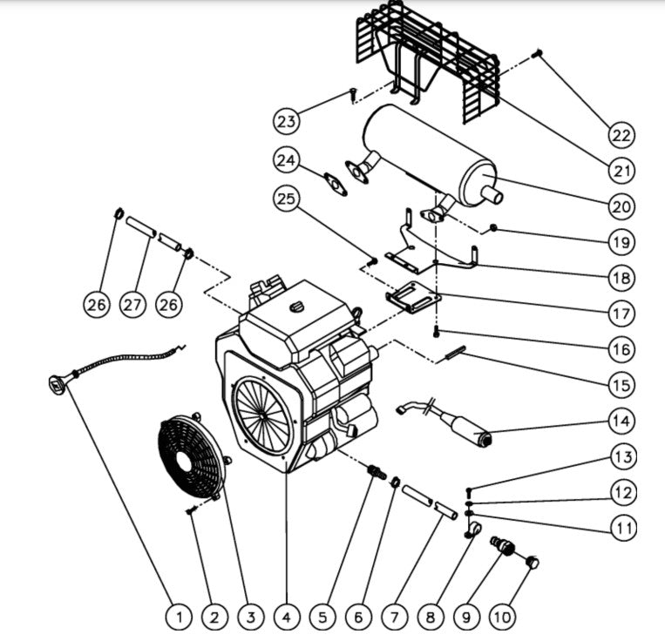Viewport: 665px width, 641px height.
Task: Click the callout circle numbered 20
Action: (x=622, y=206)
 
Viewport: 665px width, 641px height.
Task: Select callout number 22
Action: (x=622, y=135)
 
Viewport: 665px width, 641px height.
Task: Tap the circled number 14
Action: (x=622, y=421)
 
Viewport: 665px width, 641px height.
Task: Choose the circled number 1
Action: (x=178, y=617)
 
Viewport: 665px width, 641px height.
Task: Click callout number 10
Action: (x=502, y=617)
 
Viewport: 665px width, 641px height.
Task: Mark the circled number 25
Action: (x=286, y=199)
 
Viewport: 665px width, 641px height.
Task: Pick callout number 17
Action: (x=622, y=313)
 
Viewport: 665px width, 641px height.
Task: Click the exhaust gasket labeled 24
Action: (x=333, y=185)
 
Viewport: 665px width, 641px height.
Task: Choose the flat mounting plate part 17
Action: (x=413, y=299)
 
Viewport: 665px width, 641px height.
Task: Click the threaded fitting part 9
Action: (x=502, y=547)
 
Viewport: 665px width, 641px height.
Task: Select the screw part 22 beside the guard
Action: (x=538, y=54)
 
